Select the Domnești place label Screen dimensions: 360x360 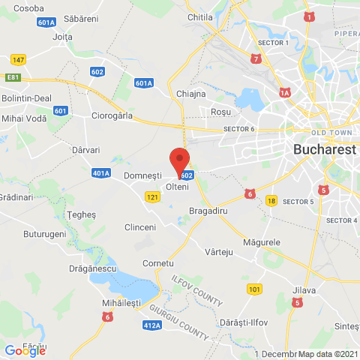[142, 175]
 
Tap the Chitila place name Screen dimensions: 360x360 [200, 16]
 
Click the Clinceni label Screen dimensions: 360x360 [140, 226]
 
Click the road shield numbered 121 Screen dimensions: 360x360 [153, 196]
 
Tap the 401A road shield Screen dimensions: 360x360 [101, 173]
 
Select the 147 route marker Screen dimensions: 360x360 [19, 58]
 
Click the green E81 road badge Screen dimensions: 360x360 [12, 76]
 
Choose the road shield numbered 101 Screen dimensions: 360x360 [255, 288]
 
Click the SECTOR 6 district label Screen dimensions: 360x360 [239, 129]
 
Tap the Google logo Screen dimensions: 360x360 [25, 350]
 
